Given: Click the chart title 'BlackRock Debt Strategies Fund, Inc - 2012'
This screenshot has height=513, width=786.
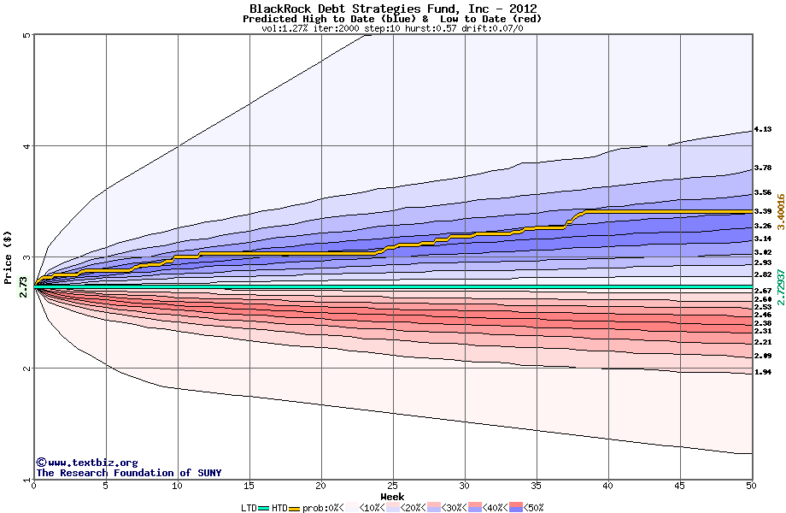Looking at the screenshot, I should tap(392, 9).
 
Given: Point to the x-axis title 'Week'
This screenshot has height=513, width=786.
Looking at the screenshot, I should tap(392, 496).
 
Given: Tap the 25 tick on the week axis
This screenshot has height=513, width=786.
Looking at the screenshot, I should tap(392, 486).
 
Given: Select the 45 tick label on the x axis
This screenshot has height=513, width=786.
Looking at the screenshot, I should tap(679, 486).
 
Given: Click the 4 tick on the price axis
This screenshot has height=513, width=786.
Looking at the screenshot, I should tap(27, 146).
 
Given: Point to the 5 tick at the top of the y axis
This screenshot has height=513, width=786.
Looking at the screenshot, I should tap(27, 35).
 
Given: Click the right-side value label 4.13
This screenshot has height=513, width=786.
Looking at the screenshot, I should tap(763, 130).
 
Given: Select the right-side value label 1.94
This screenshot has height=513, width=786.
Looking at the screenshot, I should tap(763, 373).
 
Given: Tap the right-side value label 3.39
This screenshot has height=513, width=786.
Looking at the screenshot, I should tap(763, 211).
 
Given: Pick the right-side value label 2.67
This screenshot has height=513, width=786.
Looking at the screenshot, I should tap(763, 292).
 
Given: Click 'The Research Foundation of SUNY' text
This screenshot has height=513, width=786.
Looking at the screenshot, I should tap(128, 473).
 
